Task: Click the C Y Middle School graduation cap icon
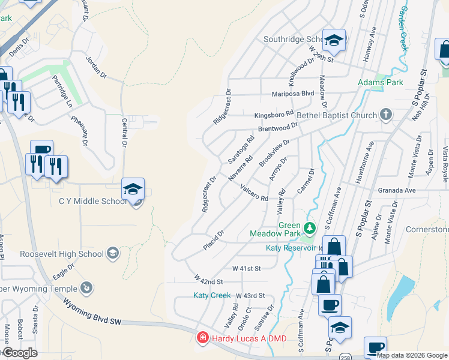coord(133,189)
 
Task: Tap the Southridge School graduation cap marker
coord(334,40)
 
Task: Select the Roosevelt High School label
coord(53,254)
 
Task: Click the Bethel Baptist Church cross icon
coord(387,115)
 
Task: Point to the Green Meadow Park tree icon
coord(309,228)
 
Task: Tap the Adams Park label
coord(381,82)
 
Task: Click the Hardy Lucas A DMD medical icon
coord(203,338)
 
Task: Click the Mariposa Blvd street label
coord(292,94)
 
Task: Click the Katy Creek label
coord(212,295)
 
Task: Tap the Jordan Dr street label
coord(96,68)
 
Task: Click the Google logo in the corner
coord(20,353)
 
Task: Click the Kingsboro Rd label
coord(273,113)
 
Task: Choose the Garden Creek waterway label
coord(404,25)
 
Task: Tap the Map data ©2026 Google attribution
coord(411,355)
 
